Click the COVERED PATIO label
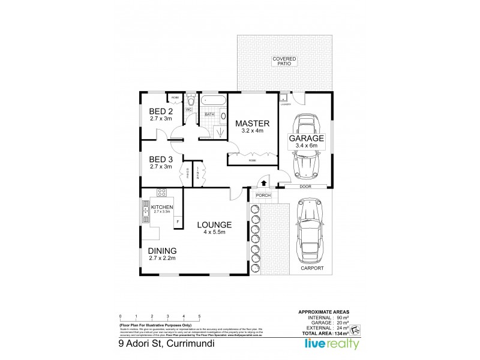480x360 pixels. click(284, 61)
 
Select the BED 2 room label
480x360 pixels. click(161, 112)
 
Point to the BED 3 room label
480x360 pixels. click(161, 159)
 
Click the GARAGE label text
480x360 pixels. click(307, 137)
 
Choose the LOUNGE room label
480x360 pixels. click(215, 225)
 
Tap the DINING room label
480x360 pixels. click(163, 251)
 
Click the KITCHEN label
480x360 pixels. click(162, 207)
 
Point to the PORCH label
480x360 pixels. click(263, 196)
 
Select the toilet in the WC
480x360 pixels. click(190, 101)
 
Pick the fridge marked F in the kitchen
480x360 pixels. click(177, 223)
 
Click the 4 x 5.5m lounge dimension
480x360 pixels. click(215, 233)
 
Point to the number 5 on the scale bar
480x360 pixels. click(199, 316)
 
